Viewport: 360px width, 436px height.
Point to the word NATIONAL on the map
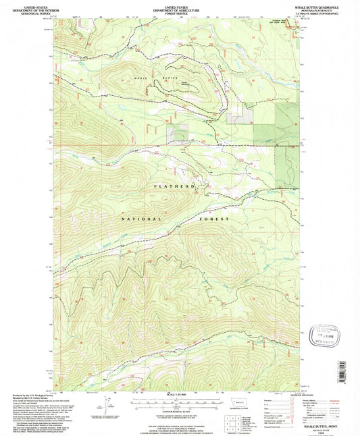point(143,219)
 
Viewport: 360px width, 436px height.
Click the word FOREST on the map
point(215,219)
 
